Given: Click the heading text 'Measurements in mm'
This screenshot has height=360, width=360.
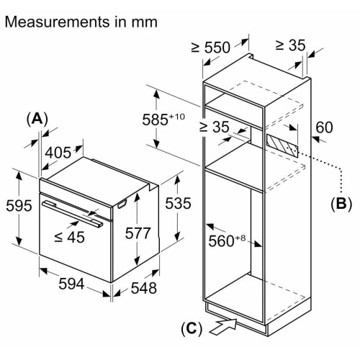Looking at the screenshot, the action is point(81,22).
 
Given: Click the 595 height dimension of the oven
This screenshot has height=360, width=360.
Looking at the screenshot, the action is point(19,206).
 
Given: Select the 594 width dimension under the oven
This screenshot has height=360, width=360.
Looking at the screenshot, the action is point(71,284).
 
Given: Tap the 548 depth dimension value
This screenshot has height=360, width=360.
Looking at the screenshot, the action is point(144,288).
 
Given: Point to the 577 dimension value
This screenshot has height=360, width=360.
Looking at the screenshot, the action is point(138,233).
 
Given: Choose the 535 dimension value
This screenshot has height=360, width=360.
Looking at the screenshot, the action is point(178,203).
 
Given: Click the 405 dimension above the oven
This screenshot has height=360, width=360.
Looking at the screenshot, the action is point(58,153).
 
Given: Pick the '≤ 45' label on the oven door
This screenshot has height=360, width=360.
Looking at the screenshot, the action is point(69,238).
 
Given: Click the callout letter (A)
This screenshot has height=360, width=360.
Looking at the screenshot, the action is point(37,119).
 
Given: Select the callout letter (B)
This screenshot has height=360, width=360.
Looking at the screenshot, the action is point(341,204).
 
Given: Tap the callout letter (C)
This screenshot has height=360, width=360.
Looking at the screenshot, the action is point(192,328).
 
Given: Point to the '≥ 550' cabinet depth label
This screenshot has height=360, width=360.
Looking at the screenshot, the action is point(211,48).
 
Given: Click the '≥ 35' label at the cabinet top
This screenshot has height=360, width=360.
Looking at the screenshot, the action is point(290,45).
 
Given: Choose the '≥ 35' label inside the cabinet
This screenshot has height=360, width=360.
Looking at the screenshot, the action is point(214,127).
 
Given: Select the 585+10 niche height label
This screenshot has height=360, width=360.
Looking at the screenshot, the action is point(163,119).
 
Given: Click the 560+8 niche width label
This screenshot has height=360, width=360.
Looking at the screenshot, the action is point(227,240).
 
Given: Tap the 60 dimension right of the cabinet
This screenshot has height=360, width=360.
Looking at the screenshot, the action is point(324,127).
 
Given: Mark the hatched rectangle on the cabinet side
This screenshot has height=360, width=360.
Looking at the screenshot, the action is point(282,145).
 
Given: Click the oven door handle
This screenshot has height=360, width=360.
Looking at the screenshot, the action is point(72,214).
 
